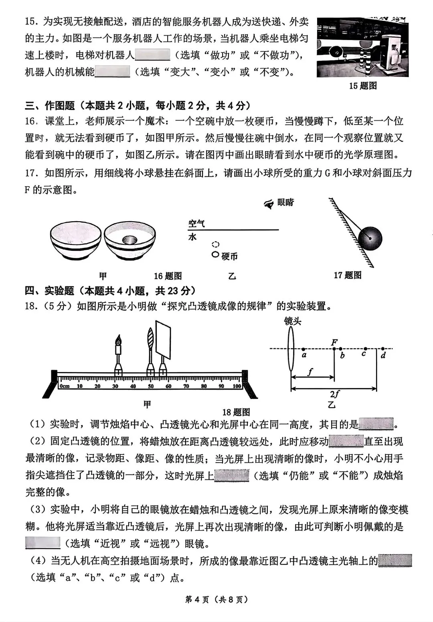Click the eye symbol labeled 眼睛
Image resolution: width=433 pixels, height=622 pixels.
point(269,204)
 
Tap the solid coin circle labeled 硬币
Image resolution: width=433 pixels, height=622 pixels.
point(216,254)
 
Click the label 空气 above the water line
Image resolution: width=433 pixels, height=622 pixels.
point(196,224)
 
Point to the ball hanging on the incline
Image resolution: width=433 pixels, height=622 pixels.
point(370,239)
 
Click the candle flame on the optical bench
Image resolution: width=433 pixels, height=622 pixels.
point(118,340)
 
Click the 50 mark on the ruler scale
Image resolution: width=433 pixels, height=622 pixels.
point(151,386)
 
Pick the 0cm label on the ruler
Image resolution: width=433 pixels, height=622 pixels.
point(65,386)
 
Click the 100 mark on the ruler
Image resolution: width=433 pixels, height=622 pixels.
point(237,386)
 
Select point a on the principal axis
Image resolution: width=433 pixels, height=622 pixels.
point(304,355)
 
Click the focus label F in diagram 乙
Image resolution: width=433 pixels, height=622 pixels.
point(334,343)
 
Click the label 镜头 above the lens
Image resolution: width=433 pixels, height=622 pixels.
point(292,321)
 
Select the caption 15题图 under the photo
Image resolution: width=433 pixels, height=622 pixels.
point(363,86)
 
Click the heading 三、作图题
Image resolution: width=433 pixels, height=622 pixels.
point(50,106)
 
